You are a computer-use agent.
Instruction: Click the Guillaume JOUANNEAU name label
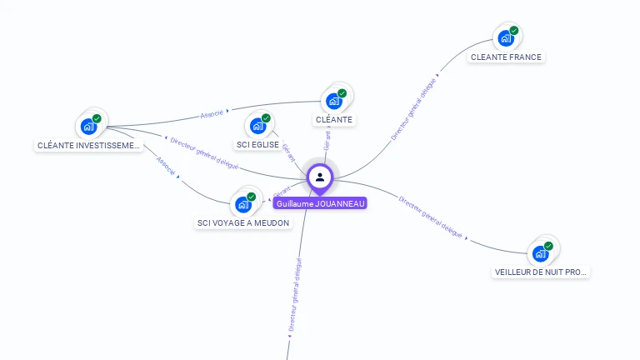point(320,202)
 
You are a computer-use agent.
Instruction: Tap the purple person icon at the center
point(320,177)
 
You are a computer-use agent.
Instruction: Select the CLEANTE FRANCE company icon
point(505,37)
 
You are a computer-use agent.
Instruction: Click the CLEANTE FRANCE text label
point(506,57)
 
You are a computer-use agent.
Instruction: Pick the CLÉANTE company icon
point(334,101)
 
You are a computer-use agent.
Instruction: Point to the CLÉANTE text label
point(334,120)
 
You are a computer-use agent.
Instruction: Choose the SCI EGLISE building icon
point(257,126)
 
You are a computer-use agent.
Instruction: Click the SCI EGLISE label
point(257,145)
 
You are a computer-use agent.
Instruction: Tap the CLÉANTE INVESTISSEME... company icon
point(88,127)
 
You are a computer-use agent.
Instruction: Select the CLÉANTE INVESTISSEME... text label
point(89,146)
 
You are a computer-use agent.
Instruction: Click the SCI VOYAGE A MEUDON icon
point(243,204)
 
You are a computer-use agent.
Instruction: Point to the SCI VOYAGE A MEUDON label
point(243,223)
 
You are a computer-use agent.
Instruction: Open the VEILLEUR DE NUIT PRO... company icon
point(541,252)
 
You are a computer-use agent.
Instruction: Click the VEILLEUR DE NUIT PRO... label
point(542,272)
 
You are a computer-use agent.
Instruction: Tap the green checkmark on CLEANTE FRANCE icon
point(514,31)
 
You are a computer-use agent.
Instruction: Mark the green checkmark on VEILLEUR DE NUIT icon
point(549,246)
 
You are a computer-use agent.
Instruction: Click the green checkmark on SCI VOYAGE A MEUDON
point(252,197)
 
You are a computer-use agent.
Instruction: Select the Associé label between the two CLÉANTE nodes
point(213,112)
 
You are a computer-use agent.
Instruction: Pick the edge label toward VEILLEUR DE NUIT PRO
point(431,218)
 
